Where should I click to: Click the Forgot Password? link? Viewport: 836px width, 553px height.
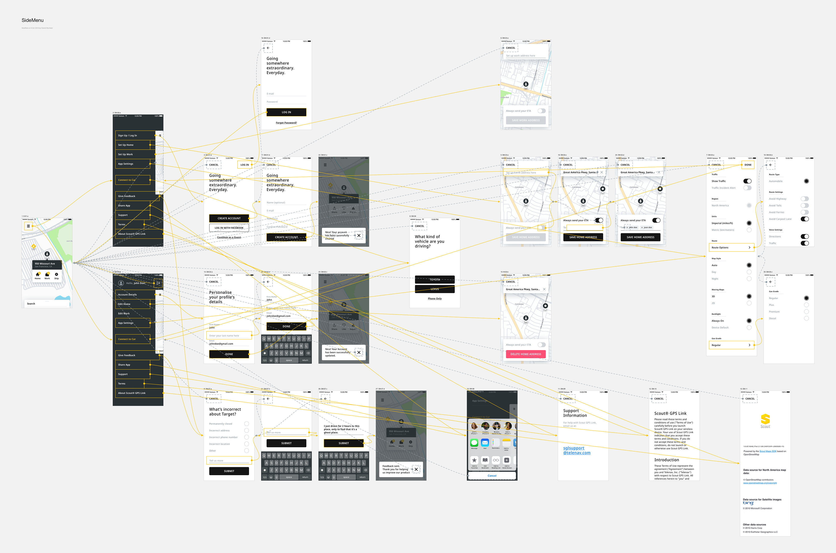tap(286, 123)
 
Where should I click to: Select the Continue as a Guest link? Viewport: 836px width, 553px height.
tap(229, 237)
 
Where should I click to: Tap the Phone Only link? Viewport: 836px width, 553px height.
tap(435, 299)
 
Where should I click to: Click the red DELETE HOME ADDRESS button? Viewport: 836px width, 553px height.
tap(526, 354)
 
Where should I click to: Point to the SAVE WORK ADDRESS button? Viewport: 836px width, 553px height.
tap(526, 120)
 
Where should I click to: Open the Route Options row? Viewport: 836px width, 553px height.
tap(731, 248)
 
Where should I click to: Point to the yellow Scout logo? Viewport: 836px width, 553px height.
tap(765, 420)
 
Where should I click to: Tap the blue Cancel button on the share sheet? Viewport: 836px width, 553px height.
tap(492, 476)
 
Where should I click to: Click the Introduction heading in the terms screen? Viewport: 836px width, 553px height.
tap(666, 460)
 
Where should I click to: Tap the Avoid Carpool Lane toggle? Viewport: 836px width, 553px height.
tap(805, 219)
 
